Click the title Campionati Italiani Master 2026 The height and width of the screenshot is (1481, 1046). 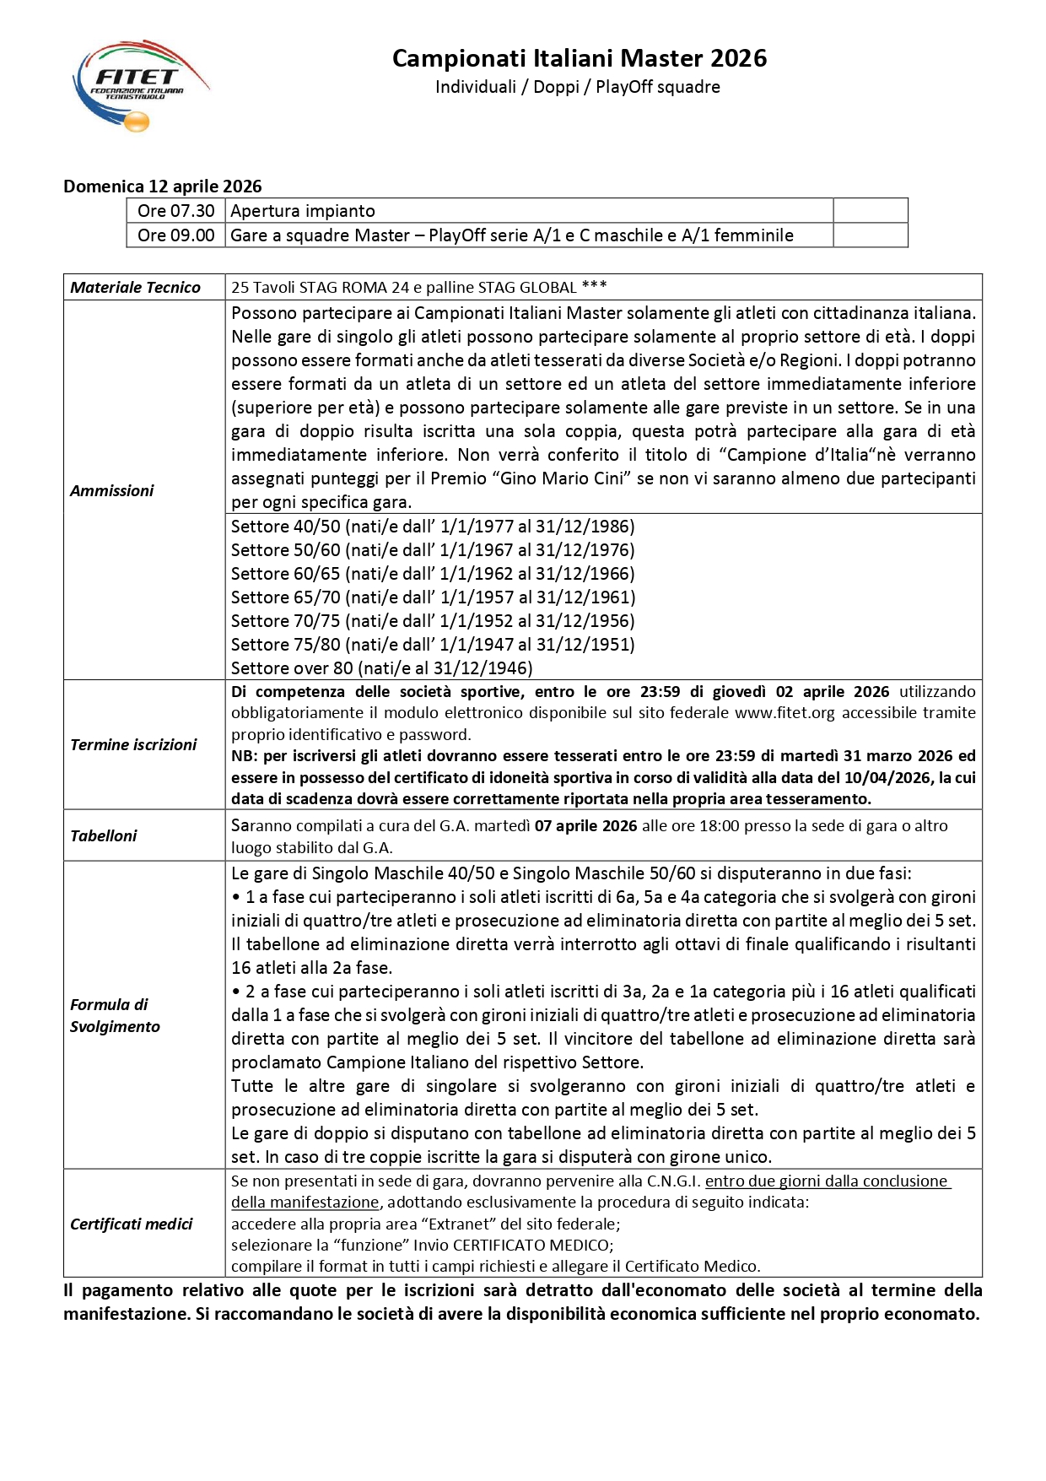pos(580,58)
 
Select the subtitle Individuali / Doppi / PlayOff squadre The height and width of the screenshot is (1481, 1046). pos(577,87)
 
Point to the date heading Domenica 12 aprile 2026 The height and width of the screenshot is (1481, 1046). pos(163,186)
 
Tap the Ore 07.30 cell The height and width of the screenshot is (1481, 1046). pos(176,211)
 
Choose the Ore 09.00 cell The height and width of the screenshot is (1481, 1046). pos(176,235)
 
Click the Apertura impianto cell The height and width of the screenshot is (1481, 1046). pos(303,211)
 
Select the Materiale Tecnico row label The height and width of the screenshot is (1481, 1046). pos(136,288)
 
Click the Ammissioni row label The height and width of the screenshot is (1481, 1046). pos(112,491)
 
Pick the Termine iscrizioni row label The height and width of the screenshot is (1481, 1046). pos(133,745)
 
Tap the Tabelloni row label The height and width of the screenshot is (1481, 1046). pos(104,836)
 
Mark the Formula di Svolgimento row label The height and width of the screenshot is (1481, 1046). pos(115,1016)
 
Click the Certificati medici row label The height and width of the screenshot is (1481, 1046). pos(132,1224)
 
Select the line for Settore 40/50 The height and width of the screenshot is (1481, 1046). pos(433,527)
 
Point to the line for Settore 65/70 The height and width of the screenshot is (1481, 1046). pos(433,597)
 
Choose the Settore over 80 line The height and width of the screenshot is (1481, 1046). pos(382,668)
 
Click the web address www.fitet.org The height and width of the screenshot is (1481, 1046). pos(784,713)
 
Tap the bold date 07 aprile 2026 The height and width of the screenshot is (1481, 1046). pos(585,826)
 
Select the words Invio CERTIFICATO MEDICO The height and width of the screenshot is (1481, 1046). pos(514,1246)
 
